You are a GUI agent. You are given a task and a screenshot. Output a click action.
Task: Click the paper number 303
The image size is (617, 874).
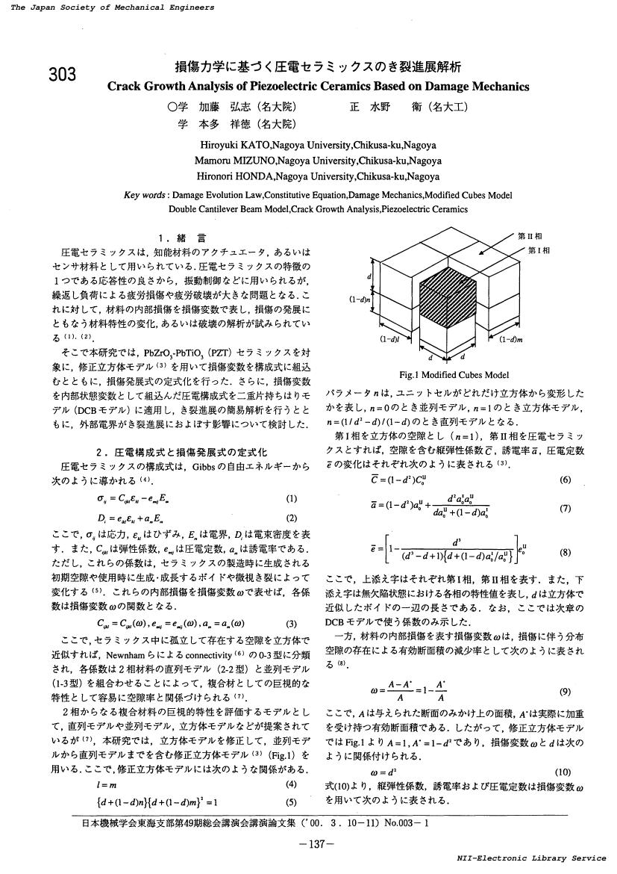tap(62, 74)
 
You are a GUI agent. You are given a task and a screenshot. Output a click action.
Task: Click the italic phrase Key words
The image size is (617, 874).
tap(145, 195)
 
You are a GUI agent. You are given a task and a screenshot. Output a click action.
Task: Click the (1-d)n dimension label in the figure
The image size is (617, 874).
tap(362, 299)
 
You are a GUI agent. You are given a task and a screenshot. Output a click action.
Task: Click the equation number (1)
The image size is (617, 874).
tap(291, 498)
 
